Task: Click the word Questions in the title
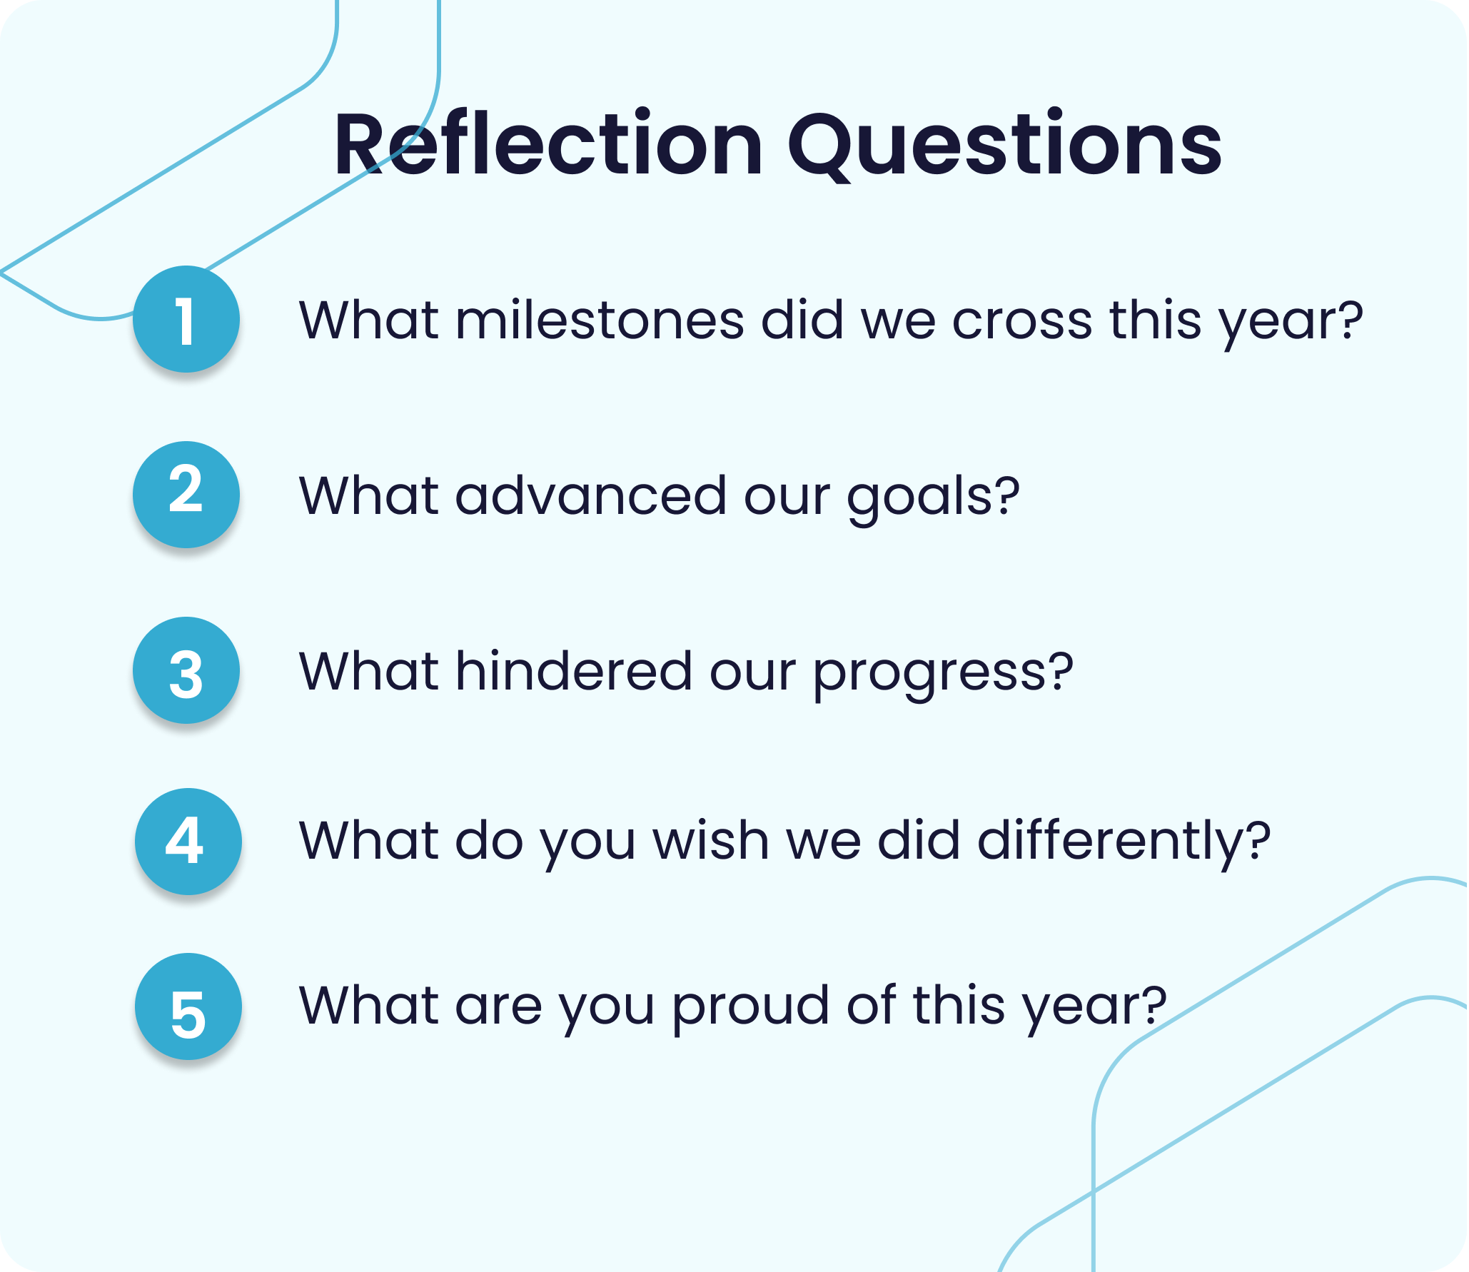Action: [1005, 146]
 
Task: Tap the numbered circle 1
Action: [186, 319]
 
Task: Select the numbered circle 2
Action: [186, 495]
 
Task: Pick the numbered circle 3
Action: [186, 670]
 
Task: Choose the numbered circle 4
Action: [188, 842]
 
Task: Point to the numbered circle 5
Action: [188, 1006]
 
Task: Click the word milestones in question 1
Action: [600, 319]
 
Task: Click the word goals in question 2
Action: [918, 498]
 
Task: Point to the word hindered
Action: [574, 670]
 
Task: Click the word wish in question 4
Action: [711, 839]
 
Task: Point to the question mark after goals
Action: [1006, 494]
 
